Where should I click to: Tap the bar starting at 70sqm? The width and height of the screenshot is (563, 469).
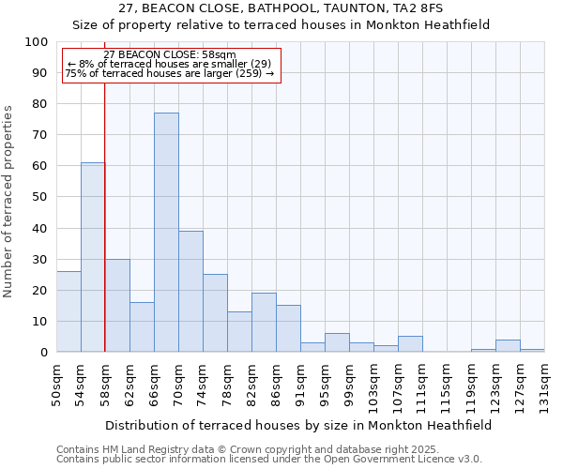[190, 292]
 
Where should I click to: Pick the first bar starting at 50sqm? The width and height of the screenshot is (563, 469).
[68, 311]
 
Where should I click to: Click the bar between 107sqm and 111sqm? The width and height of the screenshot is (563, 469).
[410, 344]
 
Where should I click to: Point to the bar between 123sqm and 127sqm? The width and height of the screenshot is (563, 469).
[508, 346]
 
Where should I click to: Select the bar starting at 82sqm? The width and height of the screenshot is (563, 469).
[264, 323]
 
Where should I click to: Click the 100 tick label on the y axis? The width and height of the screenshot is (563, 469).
[37, 42]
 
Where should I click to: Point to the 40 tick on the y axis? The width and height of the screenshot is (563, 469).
[40, 228]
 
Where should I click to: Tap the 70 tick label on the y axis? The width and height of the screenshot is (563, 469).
[40, 135]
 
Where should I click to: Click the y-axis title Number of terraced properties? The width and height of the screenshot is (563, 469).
[8, 202]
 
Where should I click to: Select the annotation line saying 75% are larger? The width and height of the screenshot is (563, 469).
[170, 73]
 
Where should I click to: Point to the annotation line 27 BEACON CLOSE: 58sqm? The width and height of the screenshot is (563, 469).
[170, 54]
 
